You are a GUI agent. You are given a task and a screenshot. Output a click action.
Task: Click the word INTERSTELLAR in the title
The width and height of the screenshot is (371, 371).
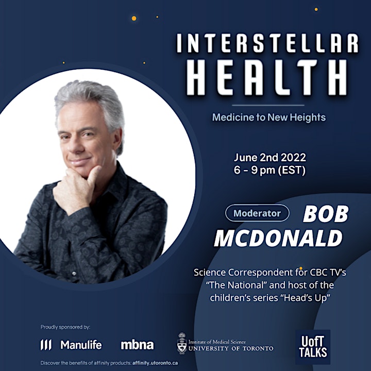[x=267, y=43]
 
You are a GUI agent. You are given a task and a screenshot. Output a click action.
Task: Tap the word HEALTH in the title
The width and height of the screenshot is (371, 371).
[x=267, y=77]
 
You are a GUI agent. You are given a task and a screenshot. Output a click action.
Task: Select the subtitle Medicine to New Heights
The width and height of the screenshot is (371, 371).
[x=269, y=117]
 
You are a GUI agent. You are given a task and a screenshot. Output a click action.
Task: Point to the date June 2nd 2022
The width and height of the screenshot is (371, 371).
[x=269, y=158]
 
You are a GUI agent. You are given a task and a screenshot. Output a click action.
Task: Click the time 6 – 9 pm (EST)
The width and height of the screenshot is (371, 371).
[x=269, y=170]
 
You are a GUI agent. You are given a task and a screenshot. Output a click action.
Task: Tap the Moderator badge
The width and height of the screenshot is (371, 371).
[x=257, y=213]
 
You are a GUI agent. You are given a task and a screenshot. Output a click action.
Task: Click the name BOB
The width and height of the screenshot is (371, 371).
[x=326, y=214]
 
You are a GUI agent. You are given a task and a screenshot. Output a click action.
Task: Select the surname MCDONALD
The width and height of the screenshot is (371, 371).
[x=278, y=238]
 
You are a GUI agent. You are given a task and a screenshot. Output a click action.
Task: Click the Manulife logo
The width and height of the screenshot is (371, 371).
[x=71, y=345]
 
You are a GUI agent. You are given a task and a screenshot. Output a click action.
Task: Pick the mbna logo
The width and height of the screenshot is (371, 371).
[x=137, y=345]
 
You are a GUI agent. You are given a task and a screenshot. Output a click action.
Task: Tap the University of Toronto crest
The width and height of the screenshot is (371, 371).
[x=182, y=343]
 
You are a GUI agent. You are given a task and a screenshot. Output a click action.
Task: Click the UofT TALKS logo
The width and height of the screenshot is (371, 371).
[x=313, y=347]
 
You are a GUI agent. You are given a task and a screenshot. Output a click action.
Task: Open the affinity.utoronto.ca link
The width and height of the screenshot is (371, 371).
[x=155, y=363]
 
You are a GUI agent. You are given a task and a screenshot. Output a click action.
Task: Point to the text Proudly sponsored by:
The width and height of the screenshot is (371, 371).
[x=65, y=327]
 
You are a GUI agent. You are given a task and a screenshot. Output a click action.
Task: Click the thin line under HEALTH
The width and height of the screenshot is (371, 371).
[x=268, y=105]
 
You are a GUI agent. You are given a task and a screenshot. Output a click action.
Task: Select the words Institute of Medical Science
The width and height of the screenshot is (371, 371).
[x=217, y=342]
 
